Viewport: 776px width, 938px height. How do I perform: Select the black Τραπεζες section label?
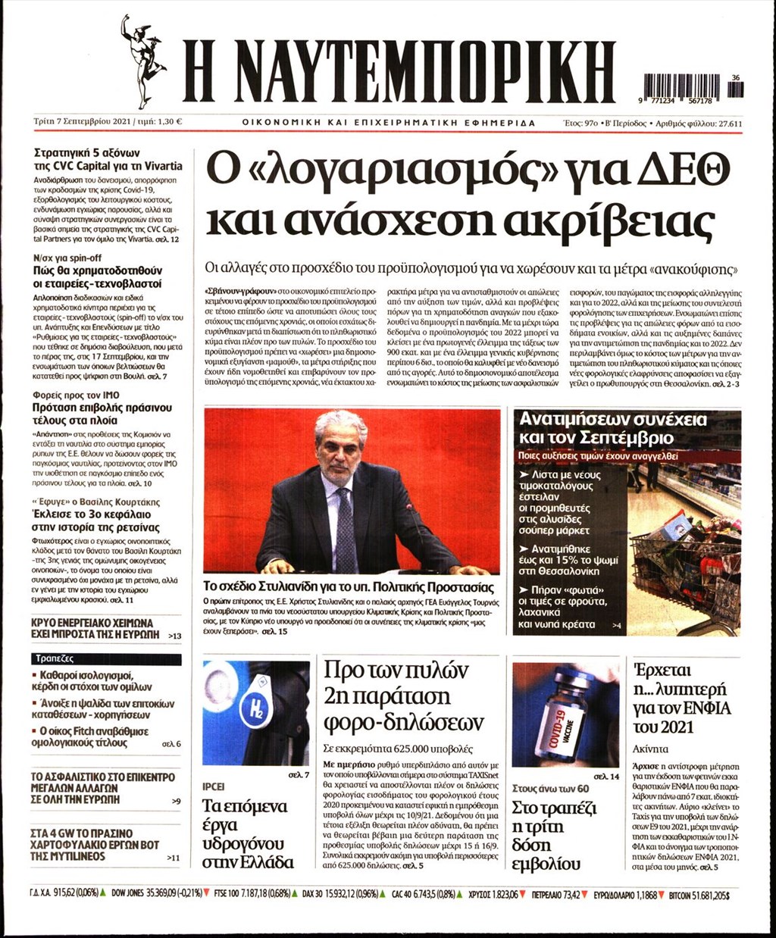[53, 658]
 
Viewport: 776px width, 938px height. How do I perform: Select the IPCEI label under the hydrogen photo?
[214, 785]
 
